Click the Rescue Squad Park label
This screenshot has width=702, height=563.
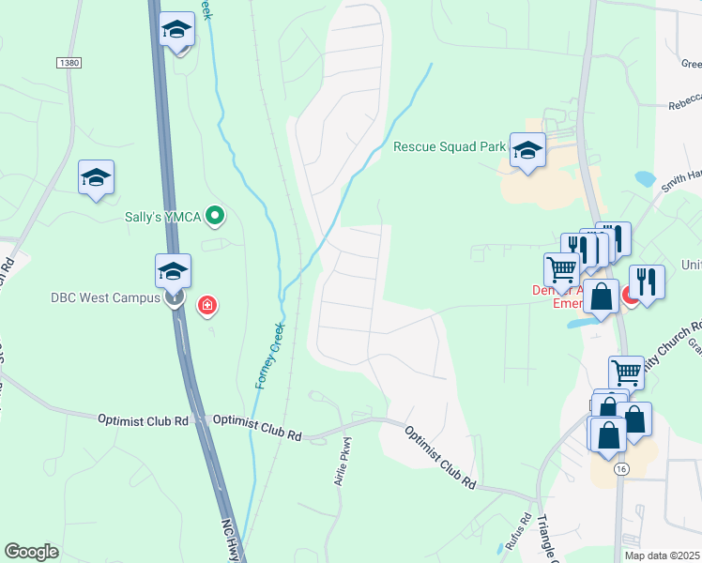(450, 146)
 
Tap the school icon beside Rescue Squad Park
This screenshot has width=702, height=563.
(527, 149)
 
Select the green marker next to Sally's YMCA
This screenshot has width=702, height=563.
(215, 217)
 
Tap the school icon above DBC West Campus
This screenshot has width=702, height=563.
(174, 271)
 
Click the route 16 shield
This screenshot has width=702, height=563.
(620, 468)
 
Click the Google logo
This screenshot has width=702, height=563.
(31, 551)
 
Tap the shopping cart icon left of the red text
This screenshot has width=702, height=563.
(561, 269)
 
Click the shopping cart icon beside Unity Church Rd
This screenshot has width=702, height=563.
(626, 373)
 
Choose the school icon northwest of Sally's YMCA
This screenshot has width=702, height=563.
(96, 177)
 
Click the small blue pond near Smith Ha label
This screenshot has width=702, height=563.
(645, 177)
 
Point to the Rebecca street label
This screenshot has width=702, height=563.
(684, 106)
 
